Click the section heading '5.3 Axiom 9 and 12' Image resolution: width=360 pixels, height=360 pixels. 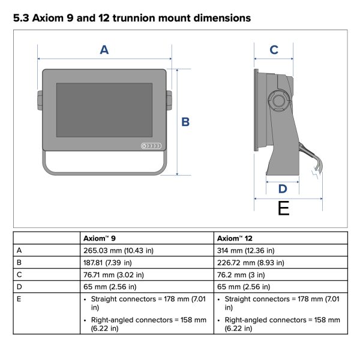click(131, 18)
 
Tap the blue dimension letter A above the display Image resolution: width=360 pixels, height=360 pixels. click(104, 50)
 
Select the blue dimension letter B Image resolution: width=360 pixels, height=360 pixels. click(185, 122)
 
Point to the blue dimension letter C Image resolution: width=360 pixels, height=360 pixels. click(274, 50)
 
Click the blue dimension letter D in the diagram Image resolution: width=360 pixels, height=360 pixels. click(282, 189)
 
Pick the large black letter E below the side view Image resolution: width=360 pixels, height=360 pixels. click(283, 208)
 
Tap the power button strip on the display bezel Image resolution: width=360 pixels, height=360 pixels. click(150, 146)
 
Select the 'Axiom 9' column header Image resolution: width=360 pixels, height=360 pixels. click(99, 238)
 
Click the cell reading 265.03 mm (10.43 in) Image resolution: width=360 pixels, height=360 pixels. click(119, 250)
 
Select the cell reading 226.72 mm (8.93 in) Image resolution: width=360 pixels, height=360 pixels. click(251, 262)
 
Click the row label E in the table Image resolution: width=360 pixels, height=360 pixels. click(20, 299)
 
